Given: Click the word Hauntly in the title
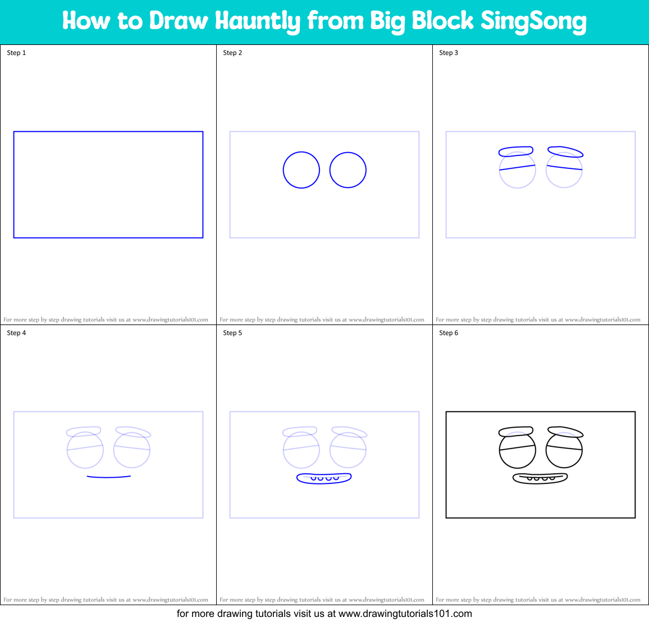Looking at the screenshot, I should pyautogui.click(x=258, y=21).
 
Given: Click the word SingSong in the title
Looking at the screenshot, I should pyautogui.click(x=533, y=21).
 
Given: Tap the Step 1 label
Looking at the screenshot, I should pyautogui.click(x=16, y=53).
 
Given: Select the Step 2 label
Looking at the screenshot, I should pyautogui.click(x=232, y=53).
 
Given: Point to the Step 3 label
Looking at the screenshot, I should pyautogui.click(x=449, y=53).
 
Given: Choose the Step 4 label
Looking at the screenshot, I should pyautogui.click(x=16, y=333).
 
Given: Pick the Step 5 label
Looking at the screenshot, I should pyautogui.click(x=232, y=333).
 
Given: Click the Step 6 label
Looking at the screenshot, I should pyautogui.click(x=449, y=333).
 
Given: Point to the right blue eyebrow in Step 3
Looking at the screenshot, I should pyautogui.click(x=565, y=152).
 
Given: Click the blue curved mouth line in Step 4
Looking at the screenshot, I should pyautogui.click(x=109, y=477).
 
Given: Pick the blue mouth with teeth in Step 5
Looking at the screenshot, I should pyautogui.click(x=324, y=478).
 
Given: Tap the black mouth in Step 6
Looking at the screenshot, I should pyautogui.click(x=540, y=478).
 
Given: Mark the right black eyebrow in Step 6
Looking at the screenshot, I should pyautogui.click(x=565, y=432).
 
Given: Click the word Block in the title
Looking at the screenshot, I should pyautogui.click(x=443, y=21).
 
